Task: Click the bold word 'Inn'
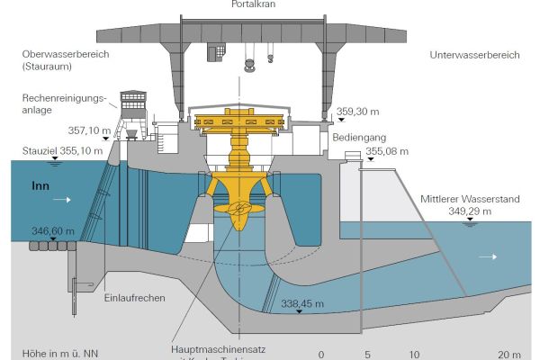(x=40, y=188)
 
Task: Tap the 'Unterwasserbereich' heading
(x=475, y=55)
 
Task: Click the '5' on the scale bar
(x=367, y=354)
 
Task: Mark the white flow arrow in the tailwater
(x=488, y=256)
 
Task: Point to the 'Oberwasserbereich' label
(x=67, y=55)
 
